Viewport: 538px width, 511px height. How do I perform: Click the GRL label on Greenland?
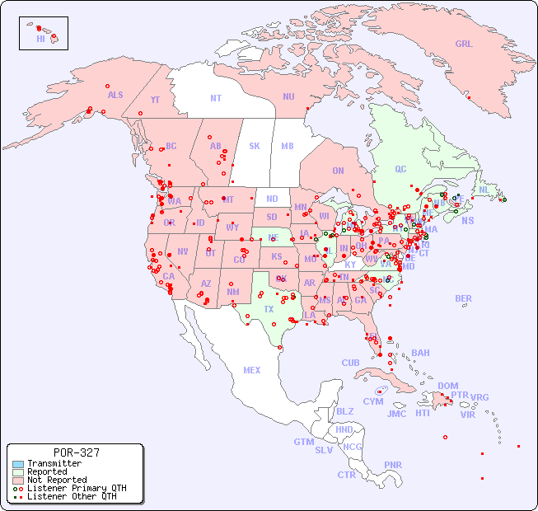pos(464,44)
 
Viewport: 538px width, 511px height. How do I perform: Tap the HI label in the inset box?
pos(40,39)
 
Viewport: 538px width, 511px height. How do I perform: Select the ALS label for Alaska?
pos(115,95)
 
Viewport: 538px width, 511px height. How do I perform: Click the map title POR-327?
pos(76,452)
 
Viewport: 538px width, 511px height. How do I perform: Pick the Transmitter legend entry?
pos(54,464)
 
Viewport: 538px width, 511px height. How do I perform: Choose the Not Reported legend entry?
pos(56,480)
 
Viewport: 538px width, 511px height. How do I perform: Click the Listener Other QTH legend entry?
pos(71,496)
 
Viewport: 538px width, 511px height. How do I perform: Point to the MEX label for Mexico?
pos(252,370)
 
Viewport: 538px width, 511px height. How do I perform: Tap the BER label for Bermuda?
pos(463,298)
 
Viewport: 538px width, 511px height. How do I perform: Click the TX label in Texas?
pos(269,309)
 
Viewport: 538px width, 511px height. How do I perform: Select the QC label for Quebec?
pos(400,169)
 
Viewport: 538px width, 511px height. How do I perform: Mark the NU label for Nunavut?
pos(288,96)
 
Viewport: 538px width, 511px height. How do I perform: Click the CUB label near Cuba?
pos(350,363)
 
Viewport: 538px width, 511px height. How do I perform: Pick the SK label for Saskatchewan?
pos(255,146)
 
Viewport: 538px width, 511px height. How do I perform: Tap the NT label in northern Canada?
pos(216,97)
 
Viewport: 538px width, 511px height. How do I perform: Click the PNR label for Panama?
pos(393,465)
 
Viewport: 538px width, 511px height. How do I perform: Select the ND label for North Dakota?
pos(272,199)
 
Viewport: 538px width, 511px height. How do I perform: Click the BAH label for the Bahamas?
pos(420,353)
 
